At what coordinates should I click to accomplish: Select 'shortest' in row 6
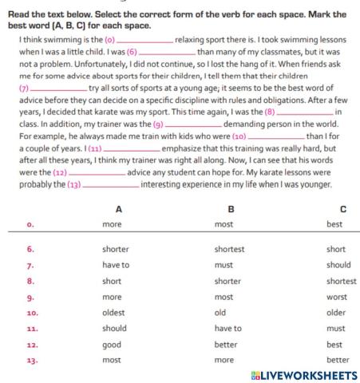click(x=229, y=249)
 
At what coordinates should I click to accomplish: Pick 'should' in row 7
click(x=338, y=265)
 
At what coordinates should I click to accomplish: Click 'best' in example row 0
click(x=334, y=224)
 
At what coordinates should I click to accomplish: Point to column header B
click(x=231, y=209)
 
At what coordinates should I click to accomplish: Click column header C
click(x=342, y=209)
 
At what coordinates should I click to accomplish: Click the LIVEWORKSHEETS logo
click(x=303, y=375)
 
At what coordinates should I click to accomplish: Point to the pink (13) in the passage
click(x=73, y=184)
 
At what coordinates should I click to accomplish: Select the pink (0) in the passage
click(x=110, y=38)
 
